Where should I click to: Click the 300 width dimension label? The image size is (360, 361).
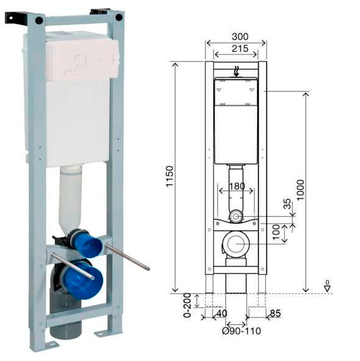tap(240, 37)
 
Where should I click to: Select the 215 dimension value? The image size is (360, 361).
tap(240, 49)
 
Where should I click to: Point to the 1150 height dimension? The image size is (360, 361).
tap(170, 176)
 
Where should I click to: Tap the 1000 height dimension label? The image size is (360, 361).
tap(300, 190)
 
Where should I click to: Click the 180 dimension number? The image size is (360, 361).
tap(237, 186)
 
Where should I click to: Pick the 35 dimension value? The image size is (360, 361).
tap(287, 204)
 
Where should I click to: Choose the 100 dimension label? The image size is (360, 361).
tap(276, 232)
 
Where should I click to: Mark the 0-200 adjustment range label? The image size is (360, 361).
tap(187, 306)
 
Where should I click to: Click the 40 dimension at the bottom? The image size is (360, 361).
tap(221, 313)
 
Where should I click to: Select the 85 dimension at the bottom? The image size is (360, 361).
tap(275, 313)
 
